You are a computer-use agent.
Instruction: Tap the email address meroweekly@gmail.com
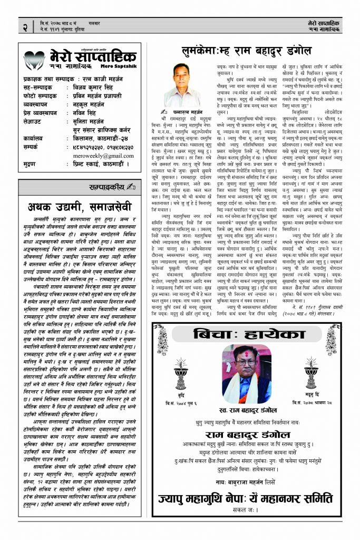(96, 156)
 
